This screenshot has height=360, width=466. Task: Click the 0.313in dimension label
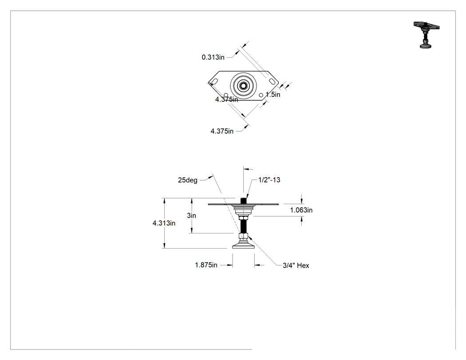point(213,57)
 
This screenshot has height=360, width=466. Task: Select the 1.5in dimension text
point(273,95)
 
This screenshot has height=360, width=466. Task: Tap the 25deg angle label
point(188,180)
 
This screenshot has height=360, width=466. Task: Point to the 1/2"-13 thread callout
point(269,180)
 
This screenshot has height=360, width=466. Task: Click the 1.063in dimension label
point(301,210)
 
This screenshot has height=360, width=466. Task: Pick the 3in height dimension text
point(191,216)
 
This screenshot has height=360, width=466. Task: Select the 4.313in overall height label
point(164,223)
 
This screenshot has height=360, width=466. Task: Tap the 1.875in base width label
point(206,265)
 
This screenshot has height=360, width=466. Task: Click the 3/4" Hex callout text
point(296,265)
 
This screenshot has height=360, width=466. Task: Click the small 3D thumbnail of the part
point(426,35)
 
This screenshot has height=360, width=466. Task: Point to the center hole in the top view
point(243,86)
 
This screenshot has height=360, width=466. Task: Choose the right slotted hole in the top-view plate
point(272,81)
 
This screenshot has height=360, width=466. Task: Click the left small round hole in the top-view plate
point(226,95)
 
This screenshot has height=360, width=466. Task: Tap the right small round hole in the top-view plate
point(261,95)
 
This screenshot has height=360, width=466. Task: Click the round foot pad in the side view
point(243,245)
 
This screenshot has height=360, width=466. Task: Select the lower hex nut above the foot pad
point(243,237)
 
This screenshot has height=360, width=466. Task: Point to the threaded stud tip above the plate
point(243,200)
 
